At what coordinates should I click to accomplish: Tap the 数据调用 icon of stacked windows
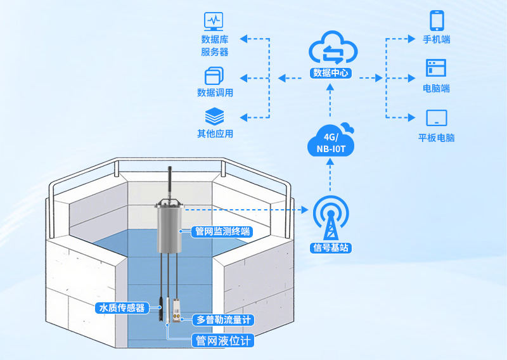pyautogui.click(x=215, y=76)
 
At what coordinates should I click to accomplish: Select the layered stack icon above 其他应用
pyautogui.click(x=215, y=117)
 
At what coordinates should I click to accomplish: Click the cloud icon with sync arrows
pyautogui.click(x=330, y=50)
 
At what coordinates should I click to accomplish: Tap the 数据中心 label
pyautogui.click(x=331, y=73)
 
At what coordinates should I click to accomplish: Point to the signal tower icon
pyautogui.click(x=330, y=218)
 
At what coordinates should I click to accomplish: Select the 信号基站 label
pyautogui.click(x=330, y=247)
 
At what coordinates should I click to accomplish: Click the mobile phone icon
pyautogui.click(x=437, y=20)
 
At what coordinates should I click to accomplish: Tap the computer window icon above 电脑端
pyautogui.click(x=436, y=68)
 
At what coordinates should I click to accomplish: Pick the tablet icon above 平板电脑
pyautogui.click(x=437, y=118)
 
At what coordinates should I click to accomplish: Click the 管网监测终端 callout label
pyautogui.click(x=221, y=232)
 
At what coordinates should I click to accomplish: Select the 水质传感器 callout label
pyautogui.click(x=121, y=308)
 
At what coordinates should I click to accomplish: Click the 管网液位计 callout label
pyautogui.click(x=222, y=341)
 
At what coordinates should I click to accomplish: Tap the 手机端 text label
pyautogui.click(x=437, y=39)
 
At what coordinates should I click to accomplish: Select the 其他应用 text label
pyautogui.click(x=215, y=134)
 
